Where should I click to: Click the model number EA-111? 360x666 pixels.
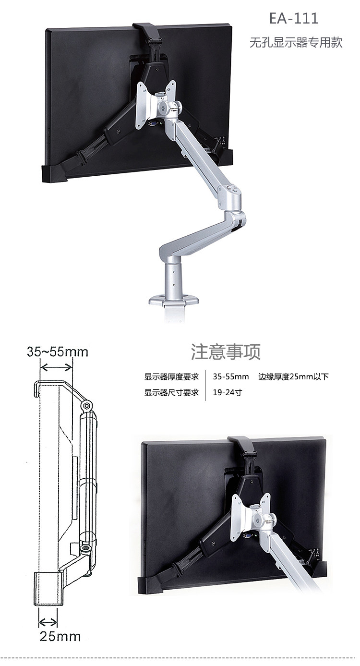[x=294, y=19]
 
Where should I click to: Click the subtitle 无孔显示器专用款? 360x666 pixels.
[x=296, y=42]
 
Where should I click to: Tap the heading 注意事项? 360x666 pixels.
[x=226, y=351]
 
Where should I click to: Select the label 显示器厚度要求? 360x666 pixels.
[x=171, y=377]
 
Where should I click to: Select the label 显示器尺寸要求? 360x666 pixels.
[x=171, y=393]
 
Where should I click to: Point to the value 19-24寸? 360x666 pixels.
[x=227, y=393]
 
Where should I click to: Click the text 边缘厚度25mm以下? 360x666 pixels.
[x=293, y=377]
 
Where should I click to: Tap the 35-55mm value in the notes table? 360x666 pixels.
[x=231, y=377]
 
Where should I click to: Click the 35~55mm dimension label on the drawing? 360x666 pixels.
[x=57, y=352]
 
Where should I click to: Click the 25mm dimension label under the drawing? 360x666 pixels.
[x=60, y=637]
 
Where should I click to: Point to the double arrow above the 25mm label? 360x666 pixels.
[x=48, y=623]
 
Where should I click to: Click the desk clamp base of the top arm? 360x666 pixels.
[x=174, y=301]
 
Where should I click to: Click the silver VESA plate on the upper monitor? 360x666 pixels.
[x=156, y=103]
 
